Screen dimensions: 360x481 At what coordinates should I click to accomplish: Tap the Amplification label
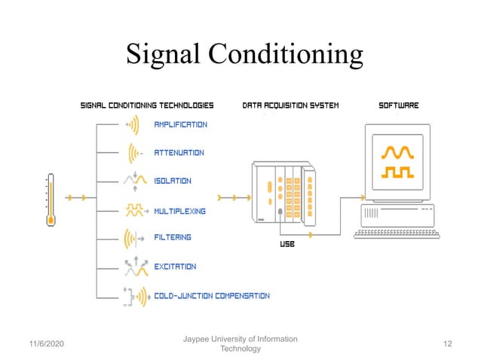click(180, 124)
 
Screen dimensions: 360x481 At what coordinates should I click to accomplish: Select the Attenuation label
click(179, 153)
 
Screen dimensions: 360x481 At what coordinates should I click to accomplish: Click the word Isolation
click(173, 181)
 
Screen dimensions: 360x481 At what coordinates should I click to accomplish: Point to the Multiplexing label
click(179, 212)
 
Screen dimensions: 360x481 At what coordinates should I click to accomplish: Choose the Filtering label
click(173, 237)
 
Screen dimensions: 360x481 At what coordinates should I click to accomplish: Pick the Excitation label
click(175, 267)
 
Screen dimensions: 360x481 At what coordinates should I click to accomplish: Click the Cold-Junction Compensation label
click(211, 296)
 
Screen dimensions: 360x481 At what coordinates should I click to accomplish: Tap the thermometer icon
click(51, 200)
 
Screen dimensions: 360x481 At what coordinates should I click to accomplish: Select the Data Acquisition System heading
click(290, 105)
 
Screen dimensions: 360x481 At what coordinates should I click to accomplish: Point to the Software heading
click(398, 105)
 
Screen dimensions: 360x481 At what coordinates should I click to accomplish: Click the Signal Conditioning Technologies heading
click(147, 105)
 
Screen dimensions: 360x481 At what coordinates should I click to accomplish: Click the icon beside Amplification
click(133, 124)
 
